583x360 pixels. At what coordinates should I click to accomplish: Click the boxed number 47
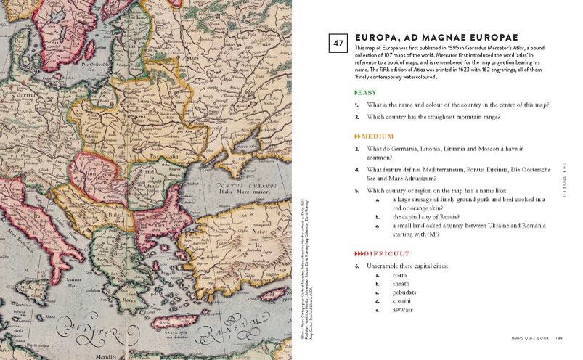pos(337,43)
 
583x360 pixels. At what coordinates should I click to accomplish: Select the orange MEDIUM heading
pos(374,136)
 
